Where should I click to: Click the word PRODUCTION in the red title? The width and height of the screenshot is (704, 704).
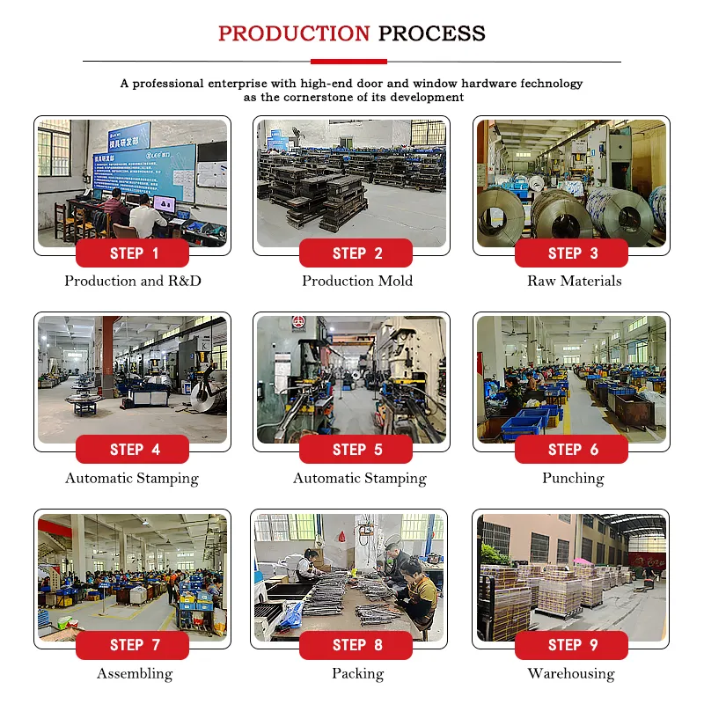294,33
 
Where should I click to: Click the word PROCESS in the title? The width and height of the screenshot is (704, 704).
432,33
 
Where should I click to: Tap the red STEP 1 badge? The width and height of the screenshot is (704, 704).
133,253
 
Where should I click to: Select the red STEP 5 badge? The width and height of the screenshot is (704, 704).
356,449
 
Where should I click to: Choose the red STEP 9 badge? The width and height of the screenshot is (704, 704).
571,645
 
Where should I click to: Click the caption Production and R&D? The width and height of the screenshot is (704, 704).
133,281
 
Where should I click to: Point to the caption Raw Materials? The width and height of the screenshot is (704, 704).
575,281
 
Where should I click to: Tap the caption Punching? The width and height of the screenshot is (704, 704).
573,479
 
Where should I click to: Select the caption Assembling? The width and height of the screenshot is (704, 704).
135,674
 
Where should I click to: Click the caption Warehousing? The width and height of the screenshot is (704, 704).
571,674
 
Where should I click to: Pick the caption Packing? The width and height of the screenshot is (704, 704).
358,674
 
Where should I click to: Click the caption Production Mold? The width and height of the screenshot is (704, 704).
357,281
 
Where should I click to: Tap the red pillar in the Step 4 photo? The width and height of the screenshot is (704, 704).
107,357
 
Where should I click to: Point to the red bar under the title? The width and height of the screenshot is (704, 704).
348,62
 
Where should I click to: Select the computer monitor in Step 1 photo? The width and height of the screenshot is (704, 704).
165,205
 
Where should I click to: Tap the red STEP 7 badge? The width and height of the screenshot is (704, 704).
133,645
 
